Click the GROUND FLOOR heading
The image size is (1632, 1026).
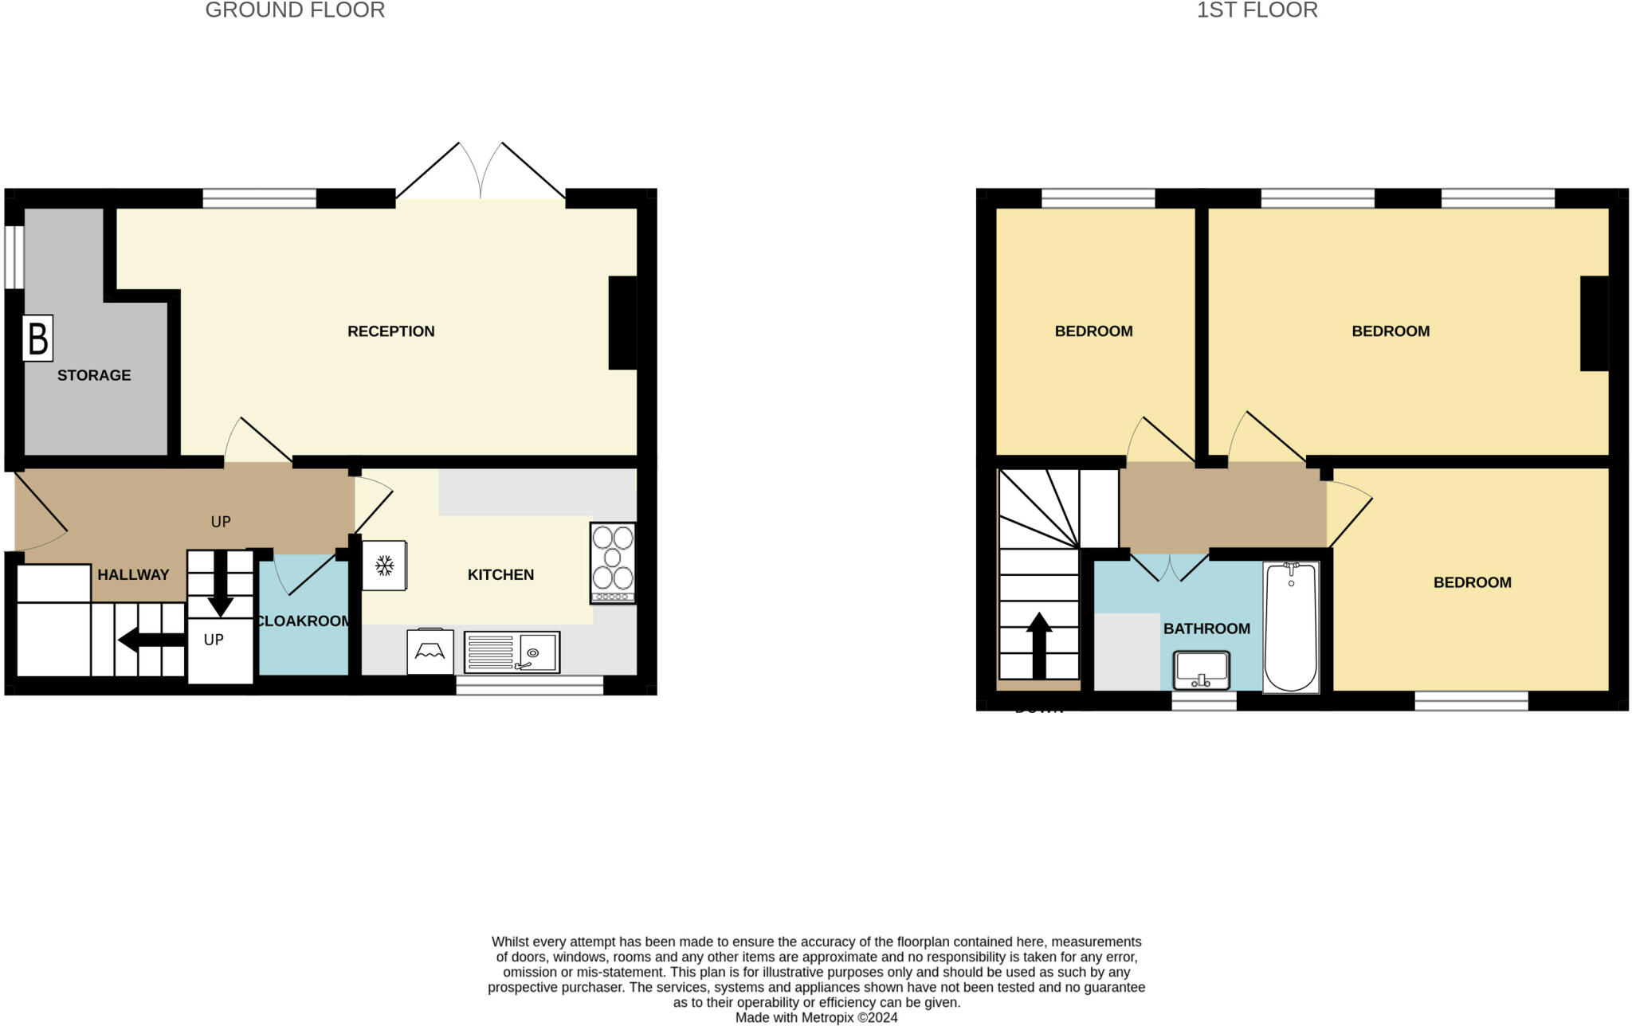[295, 10]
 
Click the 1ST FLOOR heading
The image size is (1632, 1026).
[1257, 10]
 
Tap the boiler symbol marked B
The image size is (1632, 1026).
[37, 338]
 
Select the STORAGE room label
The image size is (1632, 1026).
[94, 375]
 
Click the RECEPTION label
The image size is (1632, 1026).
[390, 331]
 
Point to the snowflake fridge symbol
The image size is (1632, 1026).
[385, 566]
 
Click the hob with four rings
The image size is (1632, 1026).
[613, 562]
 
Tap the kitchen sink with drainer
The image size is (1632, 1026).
[512, 652]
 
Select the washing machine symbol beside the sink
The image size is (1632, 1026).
[430, 652]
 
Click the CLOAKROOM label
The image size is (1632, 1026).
[304, 621]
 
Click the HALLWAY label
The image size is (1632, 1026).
[133, 574]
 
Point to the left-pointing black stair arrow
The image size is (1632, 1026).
[151, 639]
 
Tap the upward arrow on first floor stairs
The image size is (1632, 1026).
[1039, 644]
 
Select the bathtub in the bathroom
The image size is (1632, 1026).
[1291, 626]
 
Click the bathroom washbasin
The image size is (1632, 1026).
[1202, 670]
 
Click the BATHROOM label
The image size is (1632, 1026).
[1206, 629]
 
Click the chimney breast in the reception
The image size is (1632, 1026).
[622, 323]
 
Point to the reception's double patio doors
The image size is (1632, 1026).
[481, 175]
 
